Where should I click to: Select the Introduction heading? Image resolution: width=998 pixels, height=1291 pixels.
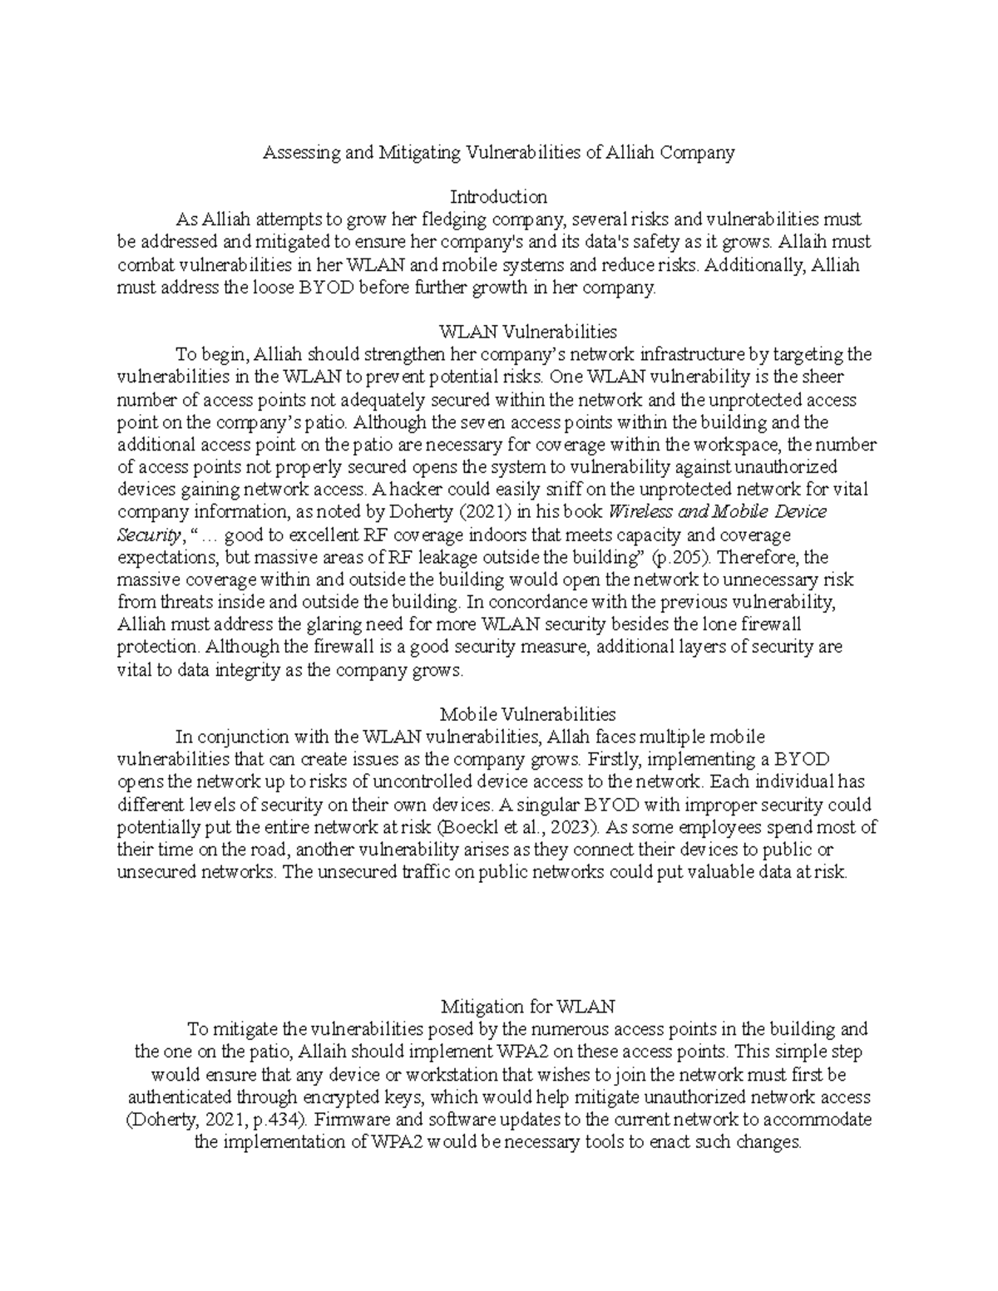(x=498, y=197)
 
